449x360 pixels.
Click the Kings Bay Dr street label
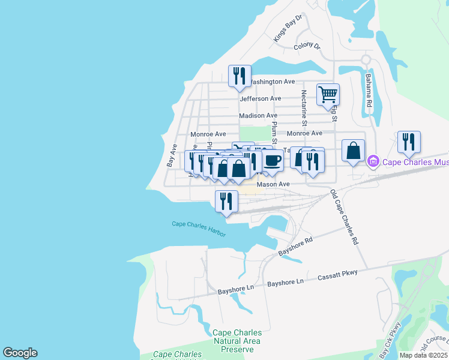click(288, 29)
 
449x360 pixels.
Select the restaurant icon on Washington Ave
click(240, 76)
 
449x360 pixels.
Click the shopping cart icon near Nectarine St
click(328, 94)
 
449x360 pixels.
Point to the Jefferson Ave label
click(260, 98)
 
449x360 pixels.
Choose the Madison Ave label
click(258, 115)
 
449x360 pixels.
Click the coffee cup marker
click(273, 160)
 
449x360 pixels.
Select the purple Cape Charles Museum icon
click(373, 161)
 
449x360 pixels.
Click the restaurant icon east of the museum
click(409, 142)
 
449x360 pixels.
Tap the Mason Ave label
click(273, 185)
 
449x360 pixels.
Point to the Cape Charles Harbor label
click(199, 228)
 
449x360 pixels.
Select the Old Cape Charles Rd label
click(344, 217)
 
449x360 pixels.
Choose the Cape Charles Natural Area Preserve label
click(237, 340)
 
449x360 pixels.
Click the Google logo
click(20, 353)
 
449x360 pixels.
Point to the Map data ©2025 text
click(423, 355)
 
